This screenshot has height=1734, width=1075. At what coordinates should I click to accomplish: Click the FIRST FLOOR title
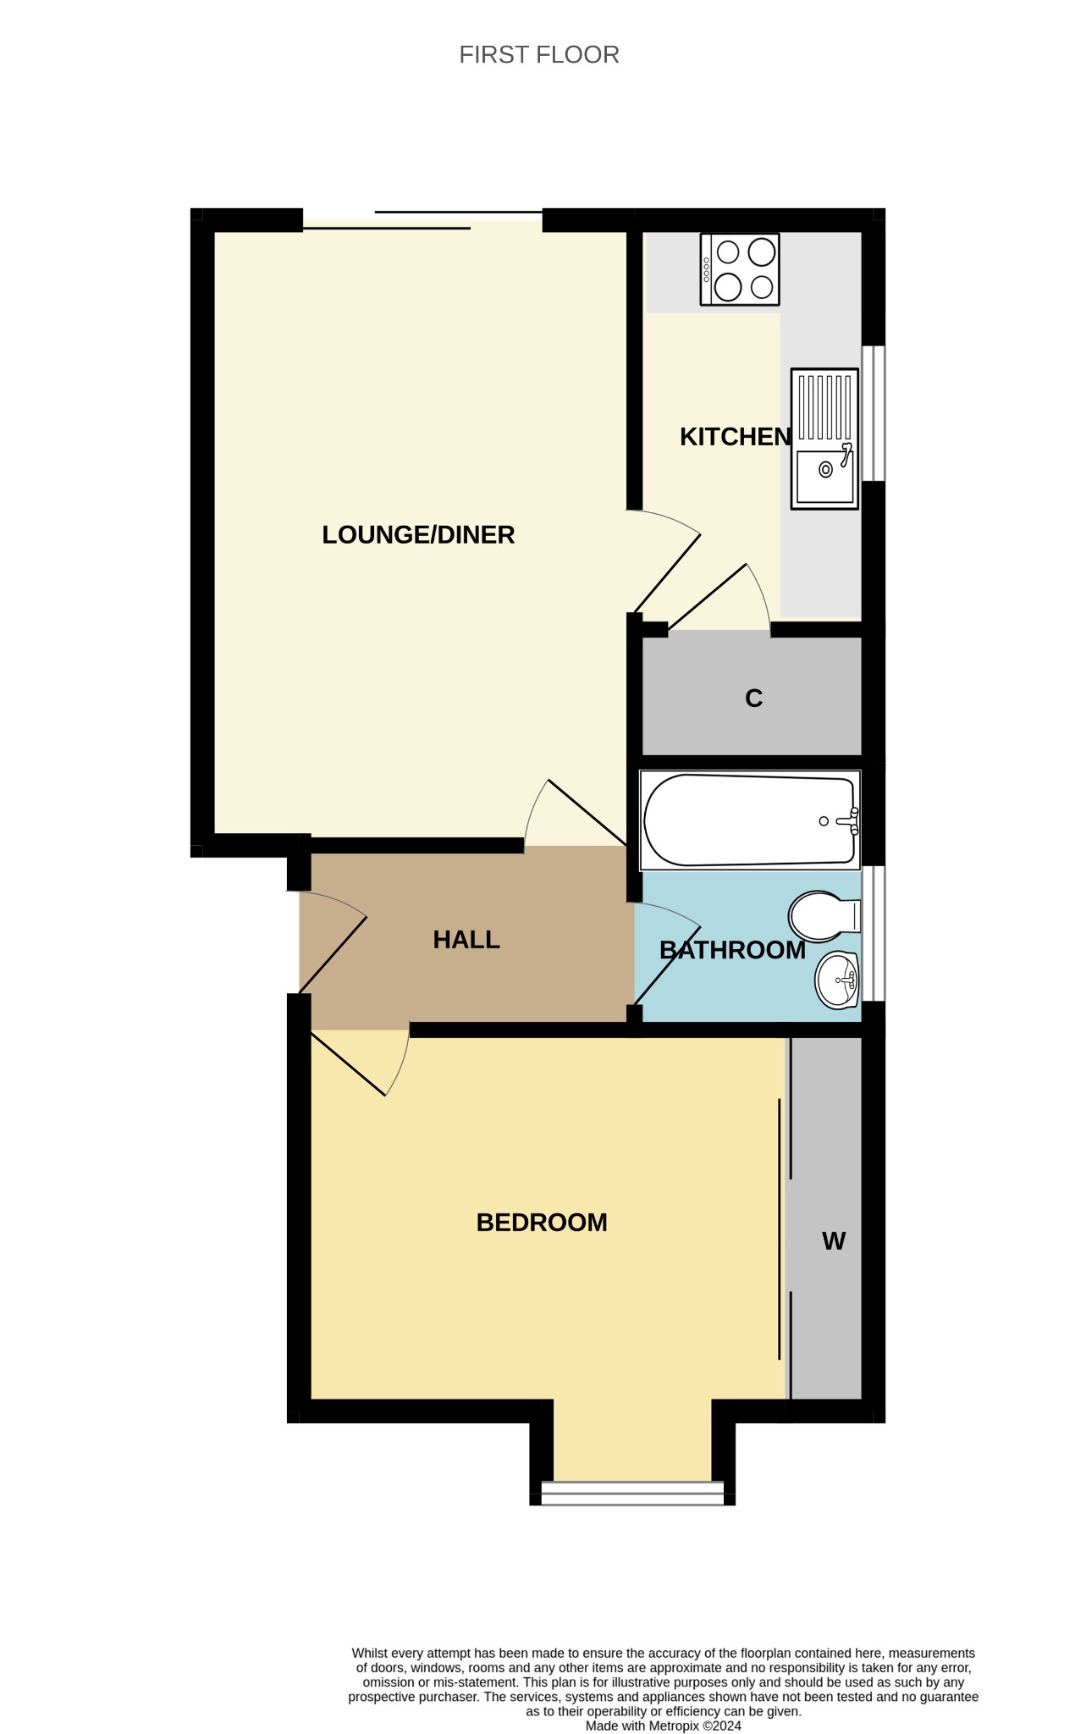tap(539, 55)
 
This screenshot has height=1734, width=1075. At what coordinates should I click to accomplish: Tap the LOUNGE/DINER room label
tap(418, 535)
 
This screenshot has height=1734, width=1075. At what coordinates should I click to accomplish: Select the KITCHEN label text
tap(736, 437)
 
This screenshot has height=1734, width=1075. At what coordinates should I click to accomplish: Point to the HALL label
tap(466, 940)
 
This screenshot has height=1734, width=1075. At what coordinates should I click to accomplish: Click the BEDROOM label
tap(542, 1223)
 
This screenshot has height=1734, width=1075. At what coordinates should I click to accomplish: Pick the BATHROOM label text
tap(732, 950)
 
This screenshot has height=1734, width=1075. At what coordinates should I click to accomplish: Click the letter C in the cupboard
tap(753, 699)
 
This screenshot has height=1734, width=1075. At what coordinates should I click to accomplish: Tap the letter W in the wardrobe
tap(834, 1241)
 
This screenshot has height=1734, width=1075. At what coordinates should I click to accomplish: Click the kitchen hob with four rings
tap(740, 269)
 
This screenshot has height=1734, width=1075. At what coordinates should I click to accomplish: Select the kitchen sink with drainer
tap(824, 439)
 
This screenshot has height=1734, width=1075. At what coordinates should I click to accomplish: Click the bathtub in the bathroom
tap(750, 820)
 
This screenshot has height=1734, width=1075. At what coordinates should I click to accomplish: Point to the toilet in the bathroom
tap(824, 916)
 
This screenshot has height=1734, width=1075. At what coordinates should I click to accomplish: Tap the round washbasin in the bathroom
tap(837, 980)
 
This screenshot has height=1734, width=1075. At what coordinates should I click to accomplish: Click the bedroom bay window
tap(632, 1493)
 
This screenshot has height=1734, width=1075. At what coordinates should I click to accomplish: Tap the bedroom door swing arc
tap(401, 1063)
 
